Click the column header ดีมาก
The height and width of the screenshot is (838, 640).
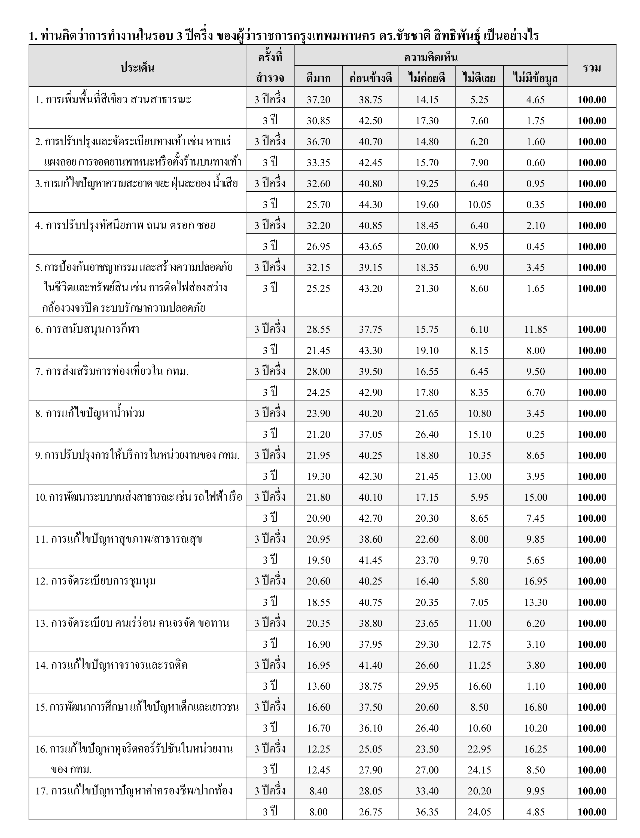318,78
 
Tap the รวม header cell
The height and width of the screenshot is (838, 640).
592,68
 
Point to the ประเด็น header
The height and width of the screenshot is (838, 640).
137,68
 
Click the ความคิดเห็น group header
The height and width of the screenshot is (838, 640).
431,57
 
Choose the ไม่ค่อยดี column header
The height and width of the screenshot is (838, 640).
427,78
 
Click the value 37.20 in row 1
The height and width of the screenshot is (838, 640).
318,100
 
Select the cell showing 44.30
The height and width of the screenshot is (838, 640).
370,204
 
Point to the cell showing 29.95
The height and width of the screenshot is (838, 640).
427,686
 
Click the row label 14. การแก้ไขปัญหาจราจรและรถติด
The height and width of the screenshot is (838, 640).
111,665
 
